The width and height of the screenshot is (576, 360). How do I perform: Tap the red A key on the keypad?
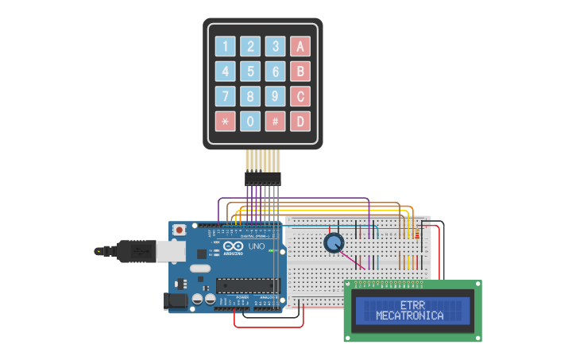[300, 46]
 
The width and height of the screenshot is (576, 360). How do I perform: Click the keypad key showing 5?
[250, 72]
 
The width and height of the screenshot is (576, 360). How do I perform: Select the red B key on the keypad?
[300, 72]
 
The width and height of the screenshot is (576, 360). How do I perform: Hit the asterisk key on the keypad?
[226, 122]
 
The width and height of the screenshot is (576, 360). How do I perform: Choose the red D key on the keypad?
[300, 122]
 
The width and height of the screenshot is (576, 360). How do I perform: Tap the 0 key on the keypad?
[250, 122]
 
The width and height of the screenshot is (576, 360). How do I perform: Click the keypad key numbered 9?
[275, 97]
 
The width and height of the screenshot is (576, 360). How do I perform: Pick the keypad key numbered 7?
[226, 97]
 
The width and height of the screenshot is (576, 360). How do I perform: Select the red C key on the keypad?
[300, 97]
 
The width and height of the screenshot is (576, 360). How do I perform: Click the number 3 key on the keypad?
[275, 46]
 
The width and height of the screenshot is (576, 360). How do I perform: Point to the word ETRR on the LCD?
[412, 305]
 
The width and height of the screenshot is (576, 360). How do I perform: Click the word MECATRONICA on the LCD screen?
[410, 315]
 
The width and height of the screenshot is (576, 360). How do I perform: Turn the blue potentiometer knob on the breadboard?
[334, 242]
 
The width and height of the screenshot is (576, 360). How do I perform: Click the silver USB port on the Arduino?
[171, 251]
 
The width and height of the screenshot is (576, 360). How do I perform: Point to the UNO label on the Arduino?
[257, 246]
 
